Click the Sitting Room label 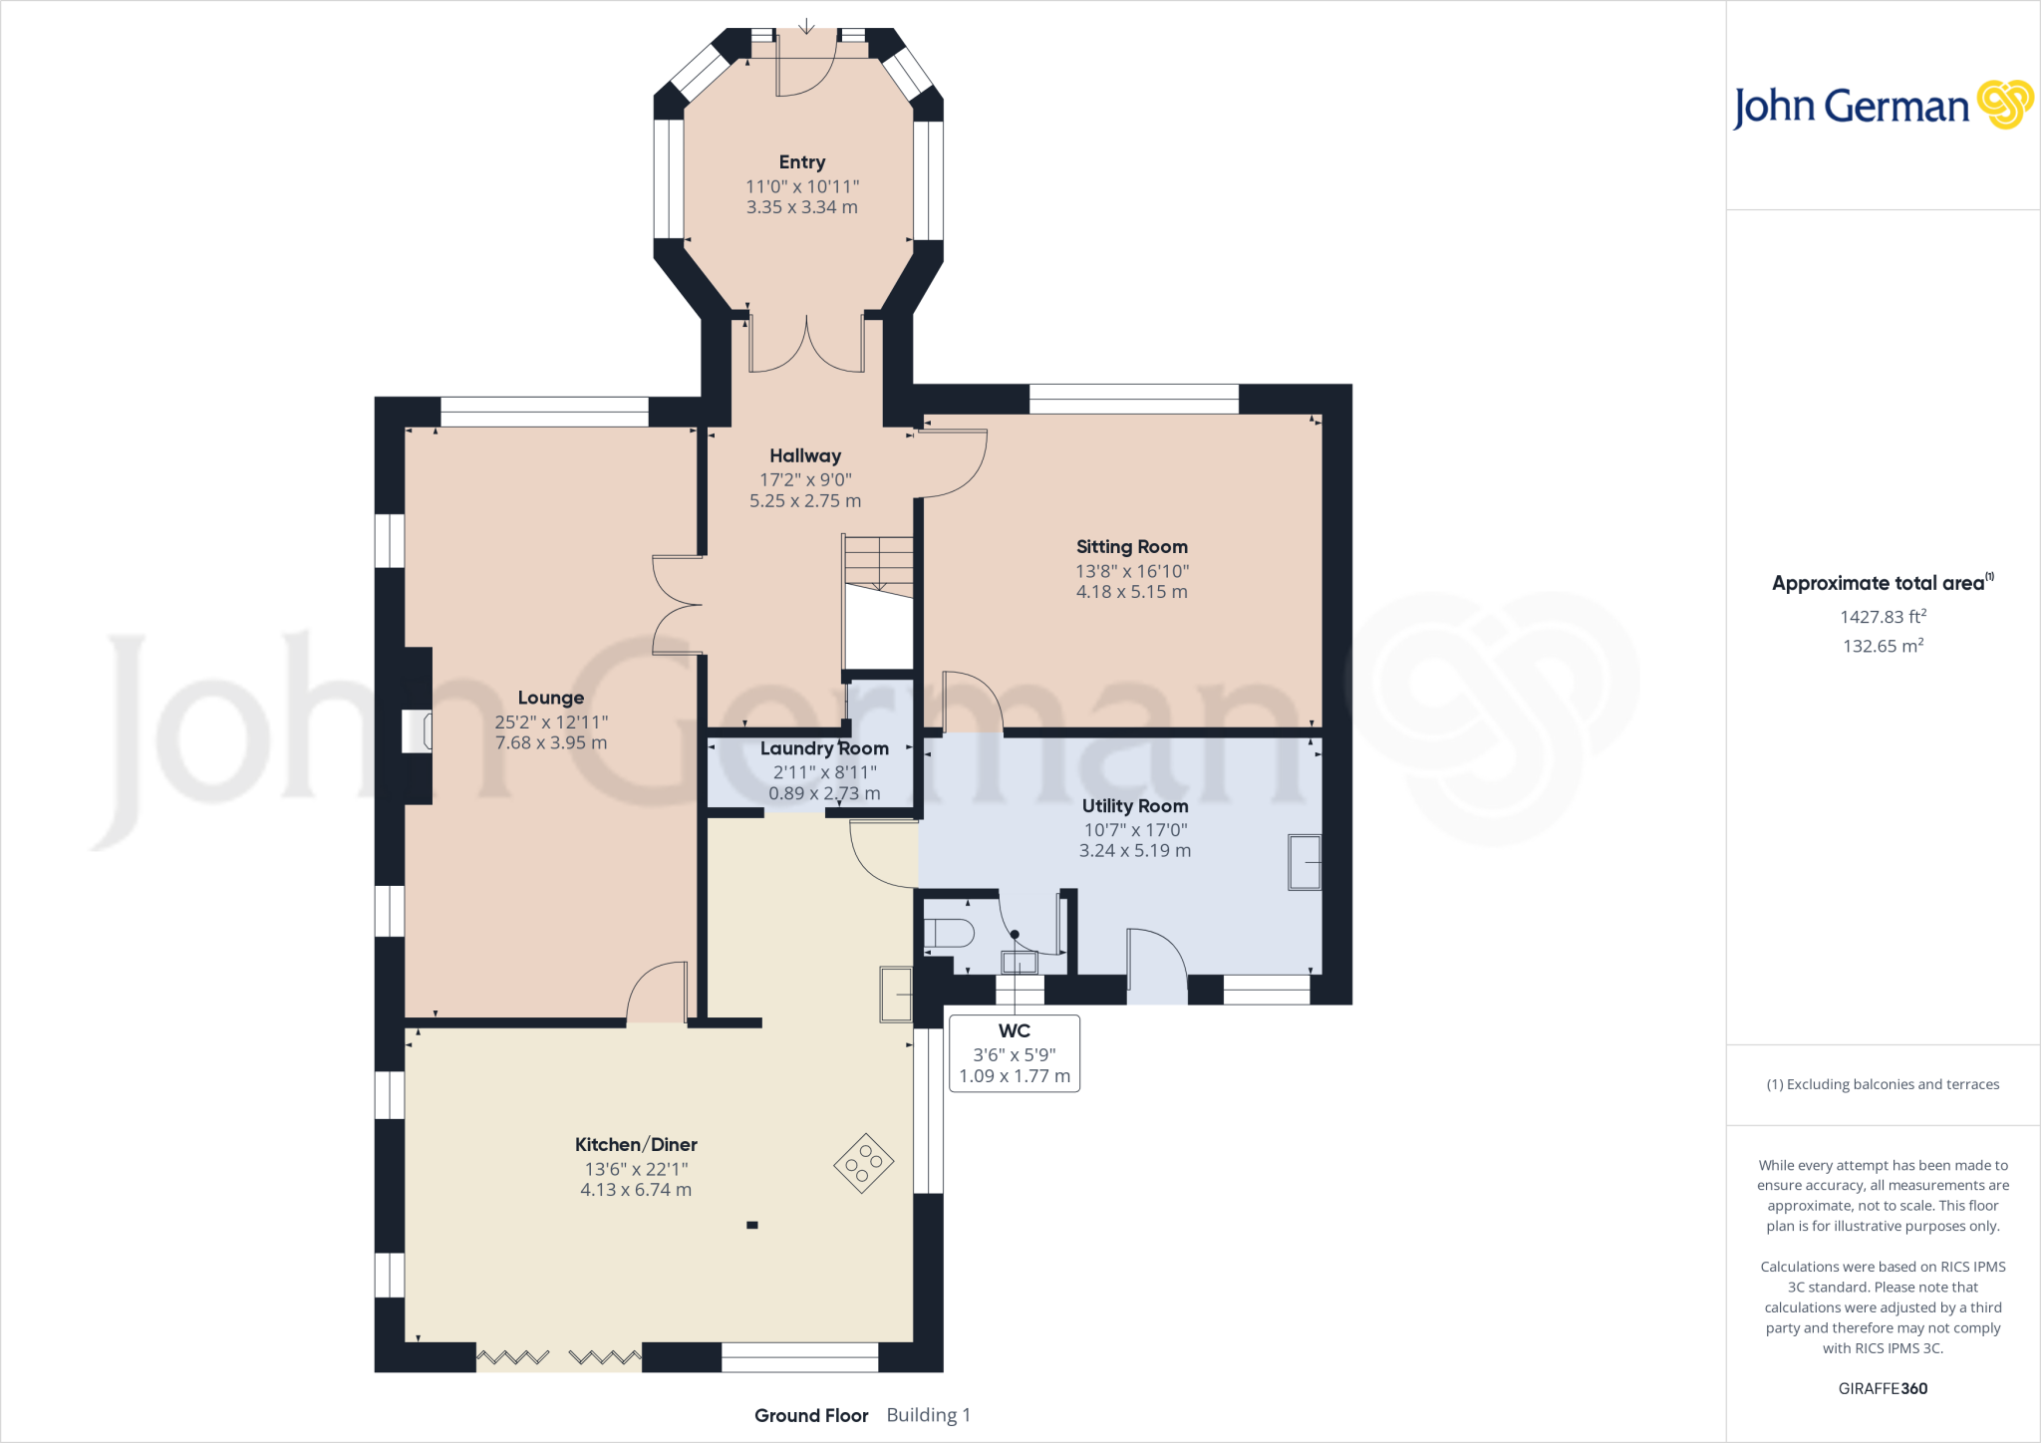[1131, 546]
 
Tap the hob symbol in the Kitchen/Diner [864, 1163]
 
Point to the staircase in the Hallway [878, 602]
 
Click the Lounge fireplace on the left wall [417, 730]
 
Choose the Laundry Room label [824, 748]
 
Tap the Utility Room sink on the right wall [1305, 862]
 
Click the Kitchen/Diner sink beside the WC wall [896, 994]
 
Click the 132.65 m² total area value [1883, 646]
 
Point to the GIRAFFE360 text [1883, 1388]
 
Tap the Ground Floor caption [811, 1415]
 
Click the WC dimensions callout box [1015, 1053]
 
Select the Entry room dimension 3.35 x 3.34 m [802, 207]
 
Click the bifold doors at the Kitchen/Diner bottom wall [559, 1357]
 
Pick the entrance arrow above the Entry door [806, 26]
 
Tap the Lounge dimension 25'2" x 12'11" [551, 721]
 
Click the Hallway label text [805, 455]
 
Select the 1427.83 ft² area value [1883, 617]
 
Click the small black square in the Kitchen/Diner [752, 1225]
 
